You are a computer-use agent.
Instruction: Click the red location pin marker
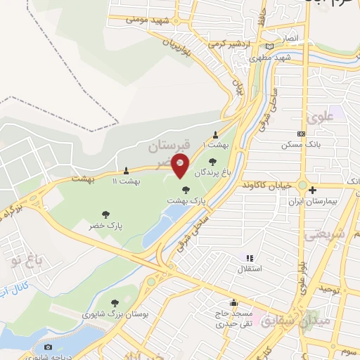pos(180,165)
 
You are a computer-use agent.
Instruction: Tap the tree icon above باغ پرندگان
pos(212,162)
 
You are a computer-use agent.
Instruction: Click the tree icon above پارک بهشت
pos(186,190)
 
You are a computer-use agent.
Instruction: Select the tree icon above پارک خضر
pos(105,214)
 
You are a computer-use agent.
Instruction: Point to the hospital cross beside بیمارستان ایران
pos(312,190)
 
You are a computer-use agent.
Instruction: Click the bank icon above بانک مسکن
pos(301,133)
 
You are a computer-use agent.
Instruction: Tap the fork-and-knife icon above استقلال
pos(250,258)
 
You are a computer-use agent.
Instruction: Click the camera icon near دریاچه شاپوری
pos(48,347)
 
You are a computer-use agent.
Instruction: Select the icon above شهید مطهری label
pos(270,46)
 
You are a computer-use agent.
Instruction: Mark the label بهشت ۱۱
pos(126,181)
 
